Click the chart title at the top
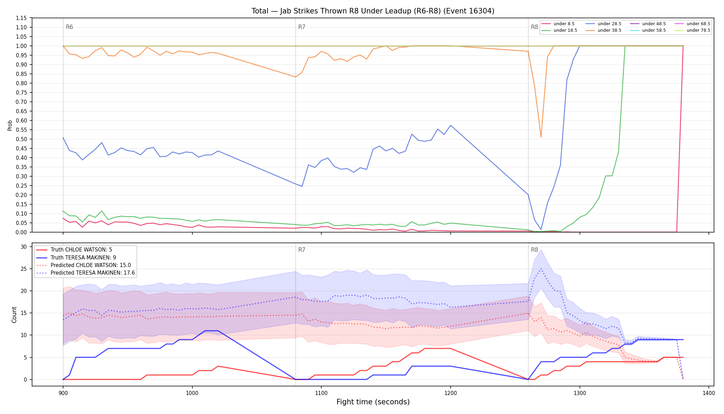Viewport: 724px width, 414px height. (x=373, y=11)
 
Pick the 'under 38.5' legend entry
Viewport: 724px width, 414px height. (x=603, y=30)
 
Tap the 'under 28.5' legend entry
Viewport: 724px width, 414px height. (x=603, y=24)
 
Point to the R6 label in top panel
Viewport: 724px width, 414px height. (x=69, y=27)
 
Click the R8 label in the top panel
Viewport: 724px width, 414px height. (x=534, y=27)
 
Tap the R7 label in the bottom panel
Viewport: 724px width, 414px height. (x=302, y=250)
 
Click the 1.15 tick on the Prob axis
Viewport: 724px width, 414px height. (x=21, y=18)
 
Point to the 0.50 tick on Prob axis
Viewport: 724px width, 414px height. (x=21, y=139)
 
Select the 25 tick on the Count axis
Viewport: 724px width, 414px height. (x=24, y=269)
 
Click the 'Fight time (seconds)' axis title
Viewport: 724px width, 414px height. (x=373, y=402)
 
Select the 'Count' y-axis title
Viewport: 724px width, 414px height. (x=14, y=315)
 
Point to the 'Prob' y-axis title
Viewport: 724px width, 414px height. (x=10, y=125)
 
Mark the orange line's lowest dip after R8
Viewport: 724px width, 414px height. (x=541, y=137)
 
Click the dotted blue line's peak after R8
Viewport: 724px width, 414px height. (x=541, y=268)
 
